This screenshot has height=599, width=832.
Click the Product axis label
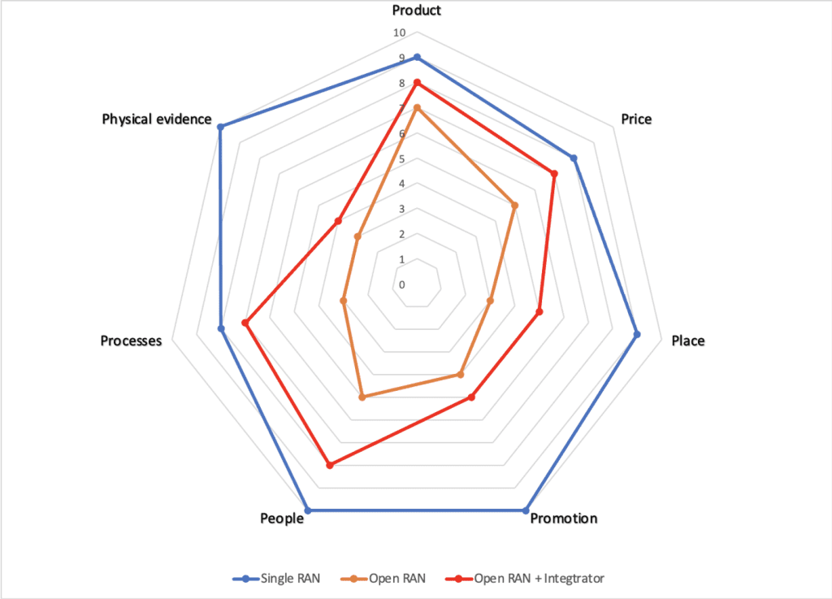pos(416,11)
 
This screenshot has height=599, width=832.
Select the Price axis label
pos(636,119)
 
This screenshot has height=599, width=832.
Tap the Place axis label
pos(688,341)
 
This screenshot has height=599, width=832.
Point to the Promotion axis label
pos(564,519)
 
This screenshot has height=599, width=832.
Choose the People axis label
pos(282,519)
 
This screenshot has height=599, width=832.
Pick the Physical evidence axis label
pos(156,119)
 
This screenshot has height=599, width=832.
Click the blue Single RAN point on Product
pos(417,57)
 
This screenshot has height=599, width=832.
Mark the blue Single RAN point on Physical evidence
pos(220,126)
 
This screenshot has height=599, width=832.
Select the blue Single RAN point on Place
pos(637,334)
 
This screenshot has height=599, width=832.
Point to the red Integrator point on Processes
pos(245,323)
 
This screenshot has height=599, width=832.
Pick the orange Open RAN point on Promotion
pos(461,375)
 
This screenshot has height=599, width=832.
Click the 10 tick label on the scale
pos(399,33)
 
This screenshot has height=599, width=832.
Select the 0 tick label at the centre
pos(401,285)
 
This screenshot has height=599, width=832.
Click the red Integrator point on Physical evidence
pos(338,221)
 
